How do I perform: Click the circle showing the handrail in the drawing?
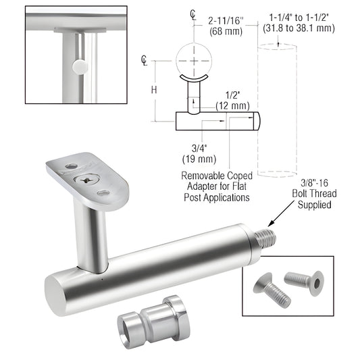tap(193, 59)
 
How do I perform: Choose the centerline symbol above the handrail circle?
tap(193, 14)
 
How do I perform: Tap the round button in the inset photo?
tap(80, 66)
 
